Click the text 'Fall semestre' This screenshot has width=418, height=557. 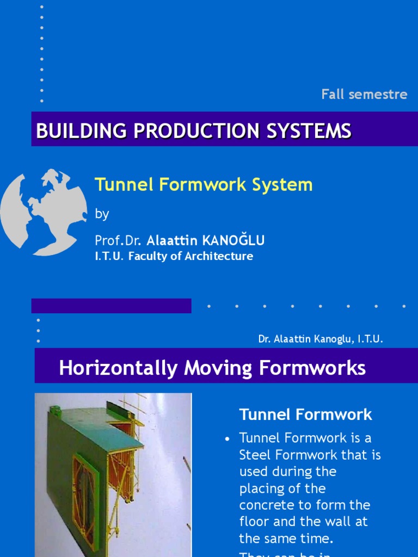pyautogui.click(x=364, y=94)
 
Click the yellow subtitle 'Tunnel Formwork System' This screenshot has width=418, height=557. pyautogui.click(x=204, y=185)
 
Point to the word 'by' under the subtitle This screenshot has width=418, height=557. pyautogui.click(x=102, y=214)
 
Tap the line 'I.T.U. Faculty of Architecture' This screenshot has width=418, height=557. pyautogui.click(x=174, y=256)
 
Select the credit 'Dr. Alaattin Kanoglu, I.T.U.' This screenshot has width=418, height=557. pyautogui.click(x=321, y=339)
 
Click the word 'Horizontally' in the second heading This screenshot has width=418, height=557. pyautogui.click(x=118, y=368)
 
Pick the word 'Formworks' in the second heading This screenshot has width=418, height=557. pyautogui.click(x=312, y=368)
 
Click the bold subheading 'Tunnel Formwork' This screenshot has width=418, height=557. pyautogui.click(x=305, y=414)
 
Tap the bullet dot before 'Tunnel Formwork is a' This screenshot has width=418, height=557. pyautogui.click(x=228, y=439)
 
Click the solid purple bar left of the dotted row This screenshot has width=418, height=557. pyautogui.click(x=112, y=306)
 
